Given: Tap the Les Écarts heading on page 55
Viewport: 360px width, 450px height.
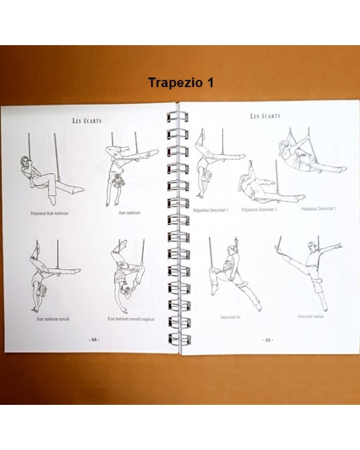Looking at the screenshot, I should [x=264, y=116].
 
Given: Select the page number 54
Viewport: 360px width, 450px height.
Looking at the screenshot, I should [x=93, y=341].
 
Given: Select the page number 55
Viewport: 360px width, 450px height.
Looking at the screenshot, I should [x=267, y=340].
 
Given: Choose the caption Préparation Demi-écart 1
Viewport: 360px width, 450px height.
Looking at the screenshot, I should [x=211, y=209].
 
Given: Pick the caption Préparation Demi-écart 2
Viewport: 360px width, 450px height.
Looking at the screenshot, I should [x=259, y=209].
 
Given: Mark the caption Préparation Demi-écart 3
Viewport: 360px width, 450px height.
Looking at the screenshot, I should [x=319, y=208].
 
